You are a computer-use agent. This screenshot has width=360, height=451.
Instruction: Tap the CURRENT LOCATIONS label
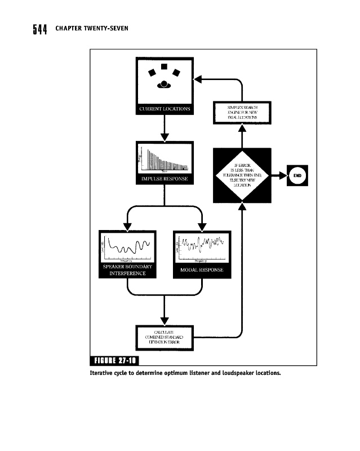[165, 108]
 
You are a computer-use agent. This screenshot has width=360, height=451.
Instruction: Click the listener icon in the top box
[164, 84]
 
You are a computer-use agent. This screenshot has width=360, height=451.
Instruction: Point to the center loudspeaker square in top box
[164, 67]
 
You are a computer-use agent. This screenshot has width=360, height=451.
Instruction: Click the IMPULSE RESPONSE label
[165, 179]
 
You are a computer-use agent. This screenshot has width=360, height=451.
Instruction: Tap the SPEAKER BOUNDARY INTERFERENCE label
[127, 269]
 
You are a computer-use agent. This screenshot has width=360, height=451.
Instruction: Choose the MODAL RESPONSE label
[202, 270]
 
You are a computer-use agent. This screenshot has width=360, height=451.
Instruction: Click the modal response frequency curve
[202, 246]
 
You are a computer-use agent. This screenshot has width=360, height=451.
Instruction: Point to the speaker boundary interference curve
[127, 246]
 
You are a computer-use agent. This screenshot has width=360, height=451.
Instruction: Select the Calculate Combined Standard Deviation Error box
[165, 337]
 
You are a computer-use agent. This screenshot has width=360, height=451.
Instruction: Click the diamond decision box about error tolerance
[242, 175]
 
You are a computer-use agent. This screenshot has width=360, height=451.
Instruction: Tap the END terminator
[298, 175]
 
